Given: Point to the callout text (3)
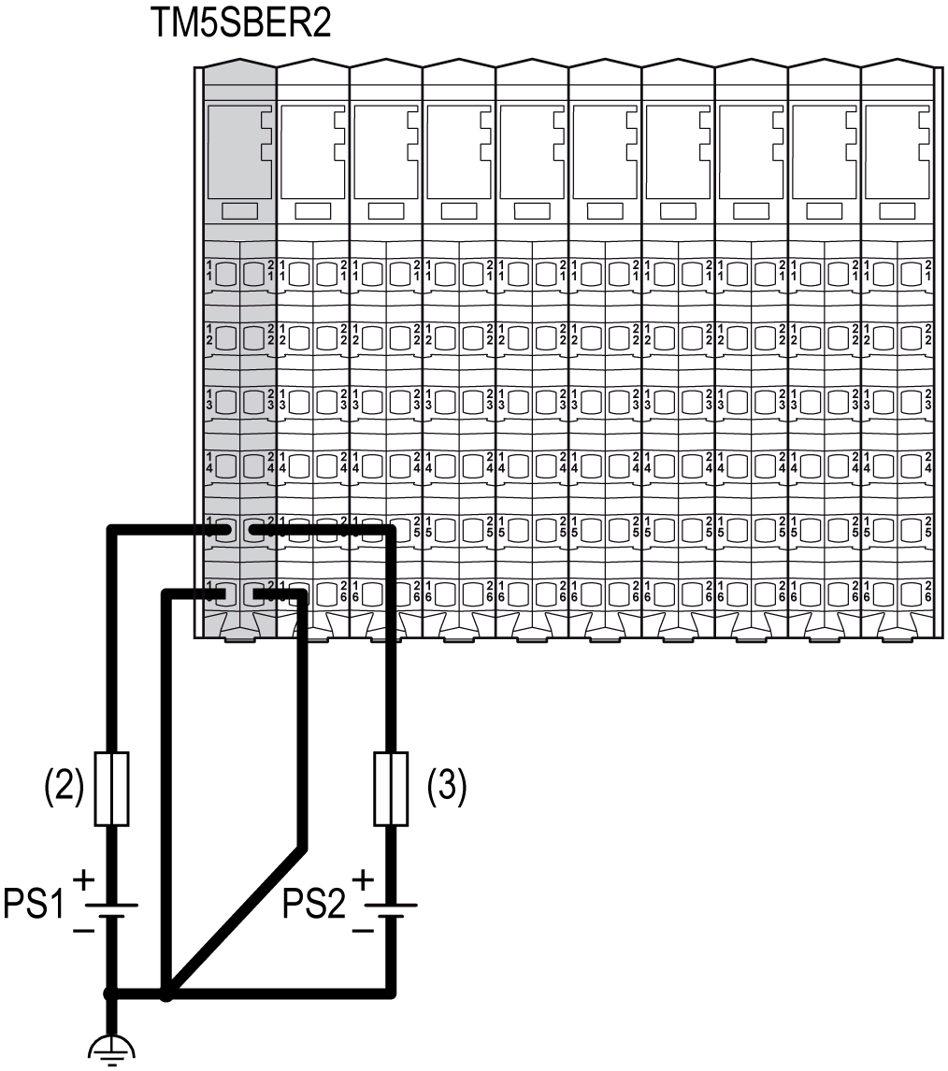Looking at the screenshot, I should click(446, 786).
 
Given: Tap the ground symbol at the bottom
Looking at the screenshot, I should click(111, 1050).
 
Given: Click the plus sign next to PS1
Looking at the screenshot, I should click(84, 879).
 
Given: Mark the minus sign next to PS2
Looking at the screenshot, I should click(365, 931).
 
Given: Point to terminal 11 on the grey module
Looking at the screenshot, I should click(225, 273).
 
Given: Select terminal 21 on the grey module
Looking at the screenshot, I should click(253, 273).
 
